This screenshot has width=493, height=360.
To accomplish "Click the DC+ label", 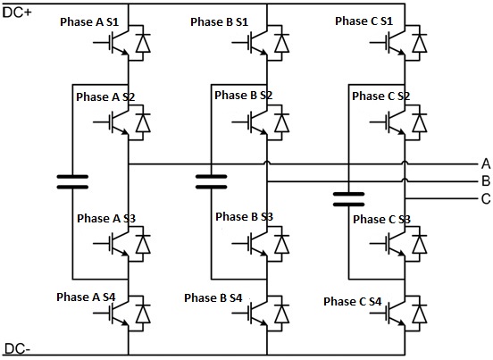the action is pos(17,13).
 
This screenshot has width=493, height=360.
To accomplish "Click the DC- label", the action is pos(17,349).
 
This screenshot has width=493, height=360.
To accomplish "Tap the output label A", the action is pos(486,163).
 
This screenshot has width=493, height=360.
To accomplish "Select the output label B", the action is pos(486,181).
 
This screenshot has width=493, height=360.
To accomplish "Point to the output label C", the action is pos(486,198).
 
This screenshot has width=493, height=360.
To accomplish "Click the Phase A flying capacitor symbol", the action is pos(72,181).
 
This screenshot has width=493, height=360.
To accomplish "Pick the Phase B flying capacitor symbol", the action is pos(212,181).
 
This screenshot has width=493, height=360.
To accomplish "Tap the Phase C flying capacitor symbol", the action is pos(348,199).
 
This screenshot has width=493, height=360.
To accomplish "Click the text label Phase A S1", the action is pos(89,22).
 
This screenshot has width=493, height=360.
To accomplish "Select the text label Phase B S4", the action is pos(213,297).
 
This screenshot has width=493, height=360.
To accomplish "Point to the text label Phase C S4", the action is pos(353,302).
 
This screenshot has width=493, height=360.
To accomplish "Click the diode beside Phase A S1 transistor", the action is pos(143,43).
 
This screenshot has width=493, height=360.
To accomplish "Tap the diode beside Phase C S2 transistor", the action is pos(420,122).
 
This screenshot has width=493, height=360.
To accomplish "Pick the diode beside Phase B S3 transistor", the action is pos(281,244).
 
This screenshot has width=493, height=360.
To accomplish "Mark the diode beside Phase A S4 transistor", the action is pos(143,314).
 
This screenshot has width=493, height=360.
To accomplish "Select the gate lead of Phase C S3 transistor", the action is pos(380,244).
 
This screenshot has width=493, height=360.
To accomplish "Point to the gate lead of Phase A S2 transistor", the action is pos(103,122).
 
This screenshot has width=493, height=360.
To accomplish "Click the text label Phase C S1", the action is pos(364,21).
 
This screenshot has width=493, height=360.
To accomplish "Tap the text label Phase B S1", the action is pos(220,22).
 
